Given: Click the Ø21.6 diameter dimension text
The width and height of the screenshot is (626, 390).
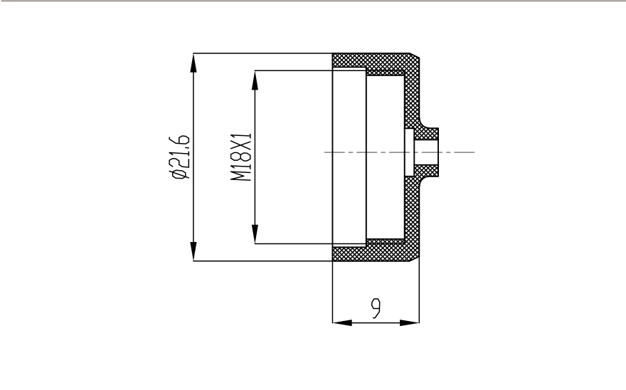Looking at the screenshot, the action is [179, 157].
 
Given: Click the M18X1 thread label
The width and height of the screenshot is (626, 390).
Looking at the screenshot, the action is [242, 157].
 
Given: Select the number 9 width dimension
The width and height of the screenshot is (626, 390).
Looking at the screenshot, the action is [376, 308].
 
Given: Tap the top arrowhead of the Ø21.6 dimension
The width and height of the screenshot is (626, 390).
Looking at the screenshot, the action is [193, 63].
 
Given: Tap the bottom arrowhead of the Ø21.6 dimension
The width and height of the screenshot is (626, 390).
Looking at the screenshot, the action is [193, 251].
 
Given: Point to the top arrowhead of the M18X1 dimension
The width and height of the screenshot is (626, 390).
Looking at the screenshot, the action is [255, 80].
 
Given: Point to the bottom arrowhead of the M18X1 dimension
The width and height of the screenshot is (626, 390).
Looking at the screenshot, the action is [255, 233].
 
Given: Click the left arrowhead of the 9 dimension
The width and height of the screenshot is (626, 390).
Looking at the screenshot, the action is [342, 322].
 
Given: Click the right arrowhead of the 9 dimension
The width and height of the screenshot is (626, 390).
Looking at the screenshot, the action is [410, 322].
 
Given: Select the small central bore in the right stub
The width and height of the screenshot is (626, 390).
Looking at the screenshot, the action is [426, 152].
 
